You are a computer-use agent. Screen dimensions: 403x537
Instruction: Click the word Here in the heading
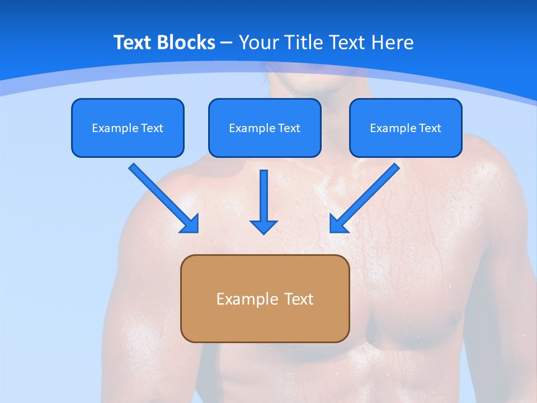coord(394,43)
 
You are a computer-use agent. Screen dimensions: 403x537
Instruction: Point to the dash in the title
coord(227,43)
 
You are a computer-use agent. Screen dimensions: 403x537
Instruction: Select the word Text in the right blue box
coord(430,128)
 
